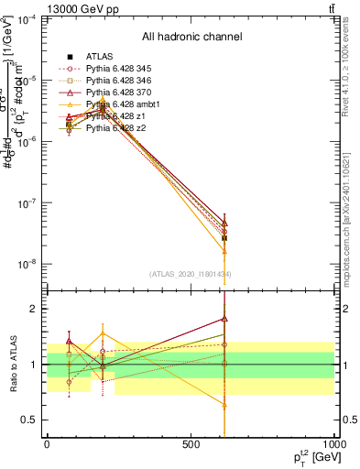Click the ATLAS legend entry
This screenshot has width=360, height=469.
pos(98,57)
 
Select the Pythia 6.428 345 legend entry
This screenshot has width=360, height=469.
pos(114,69)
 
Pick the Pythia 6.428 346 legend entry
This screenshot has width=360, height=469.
pos(114,81)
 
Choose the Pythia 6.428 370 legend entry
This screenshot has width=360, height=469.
pos(114,93)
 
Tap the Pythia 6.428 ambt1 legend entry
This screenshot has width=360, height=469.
pos(117,104)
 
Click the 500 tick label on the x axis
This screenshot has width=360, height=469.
pos(191,443)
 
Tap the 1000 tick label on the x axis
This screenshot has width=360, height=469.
pos(333,443)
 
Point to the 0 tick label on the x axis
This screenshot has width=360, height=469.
pos(48,443)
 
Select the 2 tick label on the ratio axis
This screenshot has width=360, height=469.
pos(35,309)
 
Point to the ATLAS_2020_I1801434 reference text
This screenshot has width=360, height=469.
pos(191,274)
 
